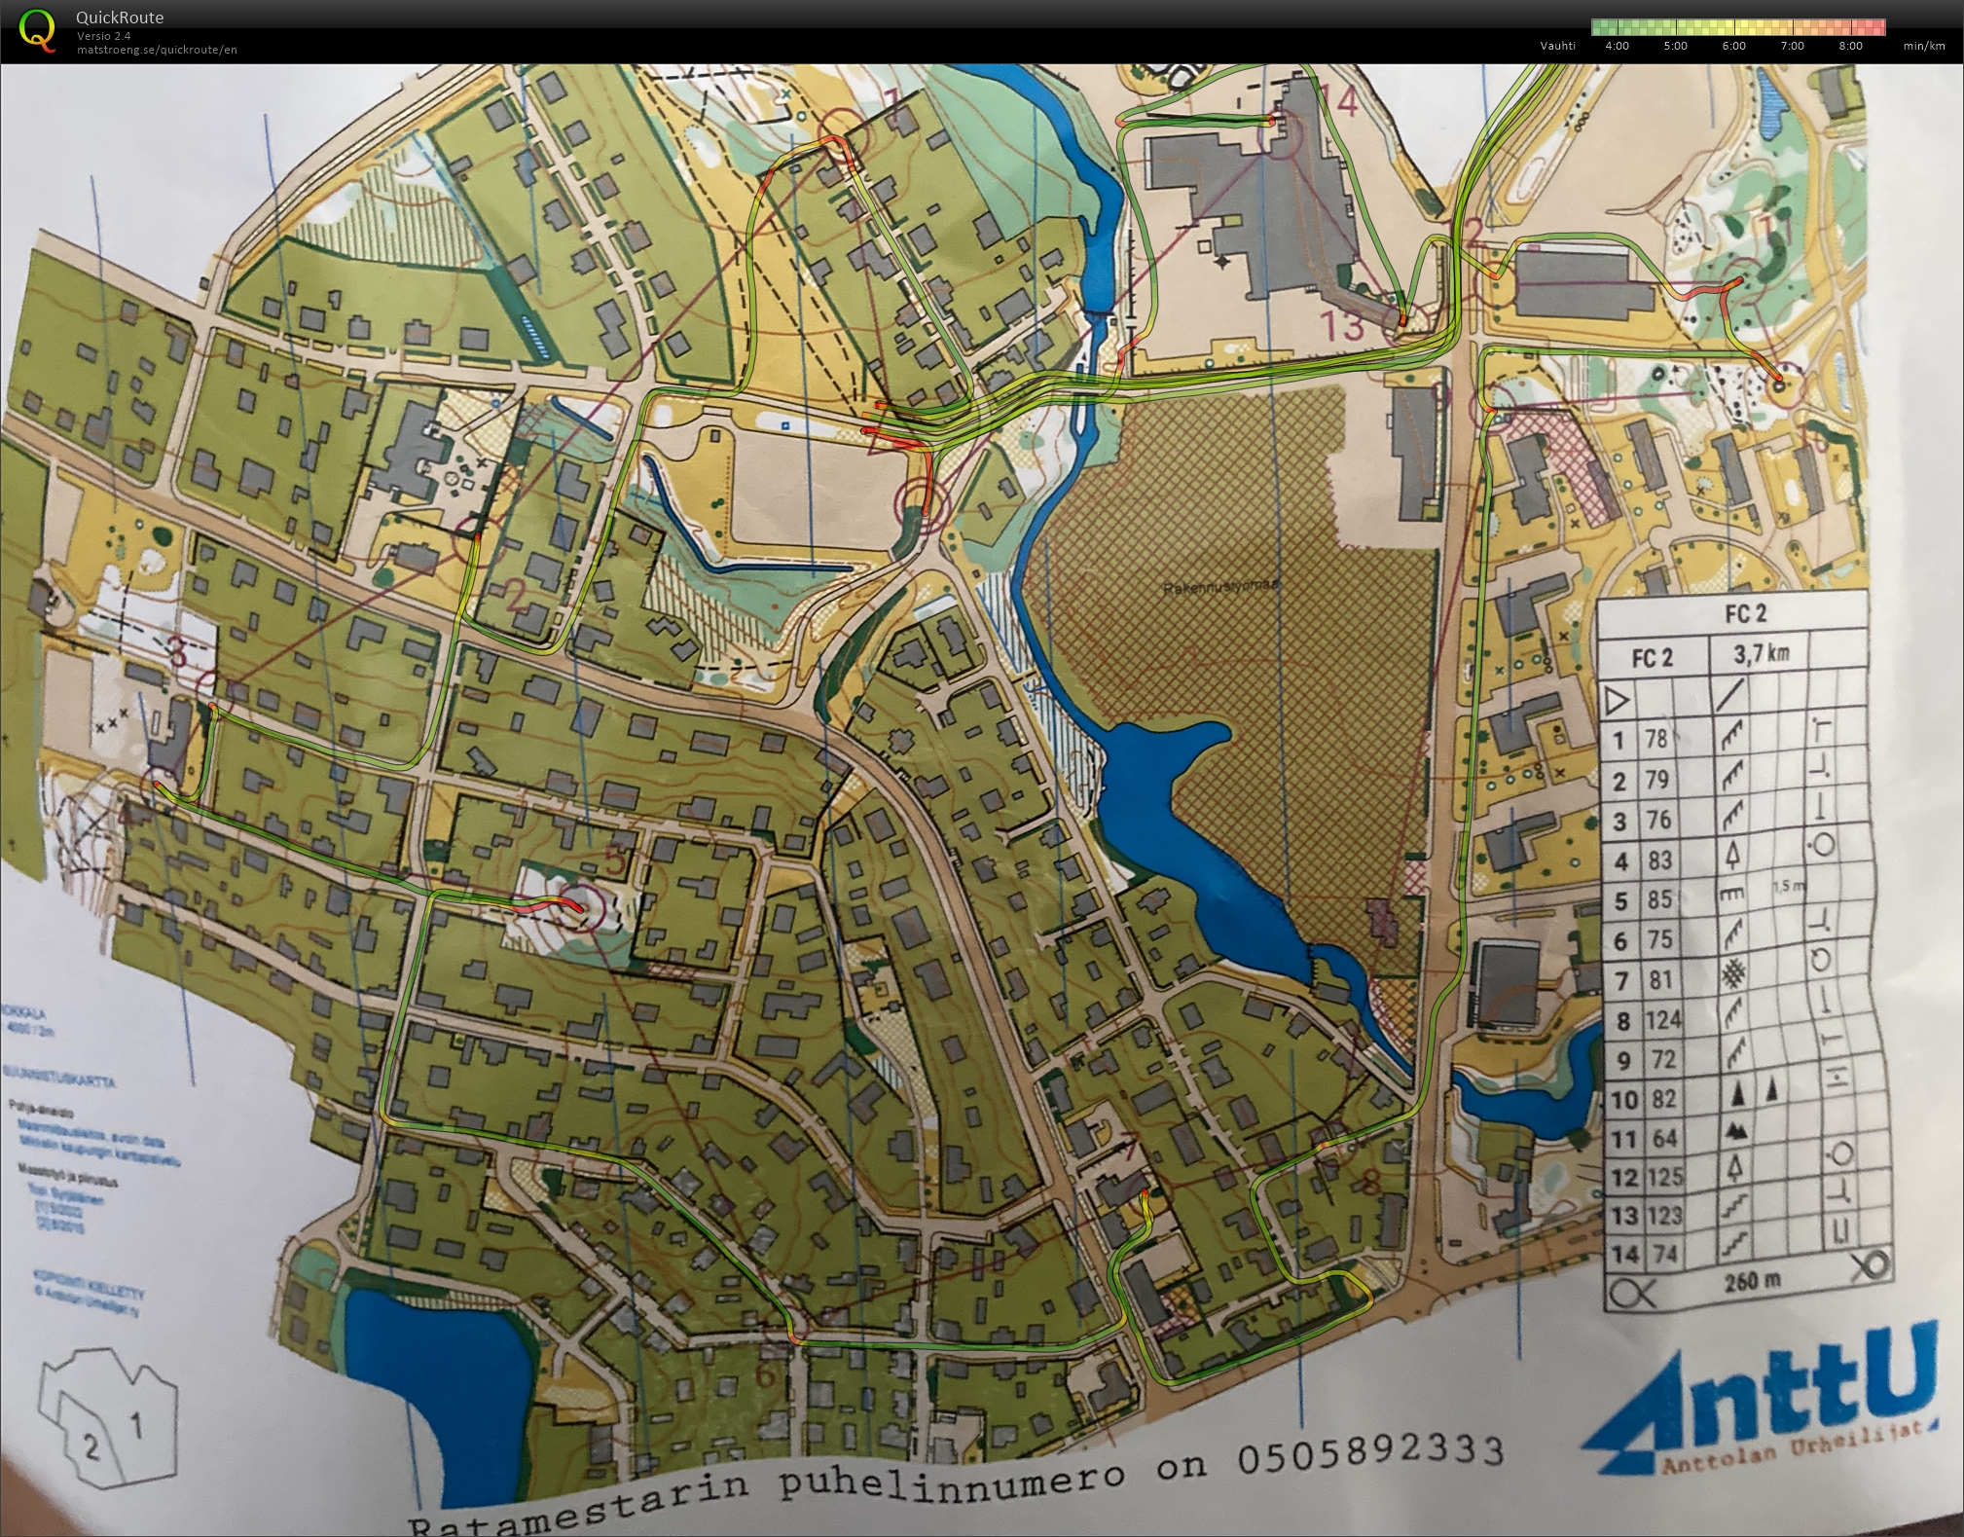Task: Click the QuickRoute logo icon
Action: click(38, 29)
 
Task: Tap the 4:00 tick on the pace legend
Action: click(1617, 46)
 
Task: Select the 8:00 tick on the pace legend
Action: click(1850, 46)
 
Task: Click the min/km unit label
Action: click(1924, 46)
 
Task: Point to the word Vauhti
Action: click(1557, 46)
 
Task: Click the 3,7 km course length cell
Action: click(1761, 653)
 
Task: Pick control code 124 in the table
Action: click(1662, 1019)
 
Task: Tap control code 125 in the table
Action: click(1662, 1177)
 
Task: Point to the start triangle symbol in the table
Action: click(1616, 699)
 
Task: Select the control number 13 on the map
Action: click(1342, 325)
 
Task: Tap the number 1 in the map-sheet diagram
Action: click(136, 1427)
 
